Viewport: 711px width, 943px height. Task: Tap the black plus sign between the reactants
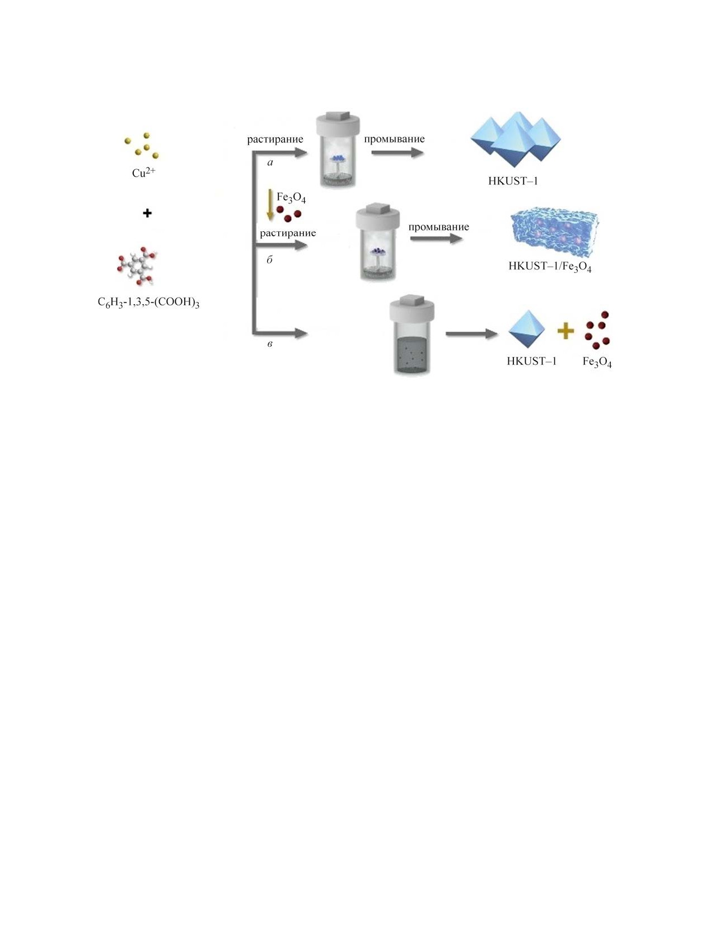pyautogui.click(x=147, y=213)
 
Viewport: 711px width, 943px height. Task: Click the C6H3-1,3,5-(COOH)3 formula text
pyautogui.click(x=148, y=303)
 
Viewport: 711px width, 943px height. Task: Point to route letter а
pyautogui.click(x=270, y=163)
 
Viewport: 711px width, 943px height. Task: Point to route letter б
pyautogui.click(x=269, y=259)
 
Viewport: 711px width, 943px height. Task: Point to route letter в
pyautogui.click(x=270, y=344)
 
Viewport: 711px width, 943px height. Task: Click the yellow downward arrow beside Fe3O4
pyautogui.click(x=270, y=205)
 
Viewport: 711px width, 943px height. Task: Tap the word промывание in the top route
pyautogui.click(x=394, y=139)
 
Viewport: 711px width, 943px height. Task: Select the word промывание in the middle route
pyautogui.click(x=438, y=227)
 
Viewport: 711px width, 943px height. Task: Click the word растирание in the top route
pyautogui.click(x=275, y=140)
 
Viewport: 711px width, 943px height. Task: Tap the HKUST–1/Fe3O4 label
pyautogui.click(x=550, y=266)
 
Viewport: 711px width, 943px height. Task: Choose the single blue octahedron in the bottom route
pyautogui.click(x=526, y=330)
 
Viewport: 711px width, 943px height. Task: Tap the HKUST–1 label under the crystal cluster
pyautogui.click(x=513, y=181)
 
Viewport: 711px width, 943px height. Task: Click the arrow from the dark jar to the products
pyautogui.click(x=471, y=335)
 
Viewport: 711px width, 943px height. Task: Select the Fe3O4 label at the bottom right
pyautogui.click(x=597, y=362)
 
